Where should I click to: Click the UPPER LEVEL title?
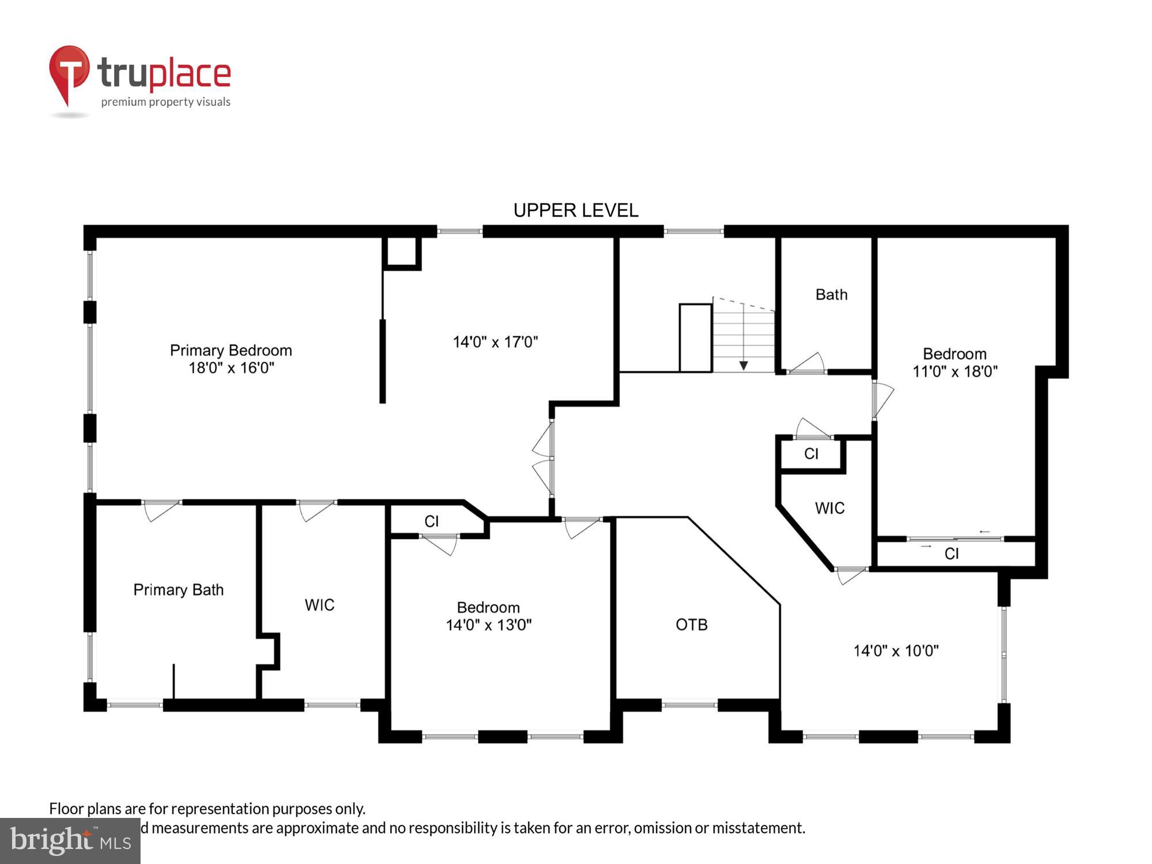pyautogui.click(x=575, y=210)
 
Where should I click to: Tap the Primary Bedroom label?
pyautogui.click(x=230, y=350)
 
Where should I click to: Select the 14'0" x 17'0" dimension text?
pyautogui.click(x=495, y=342)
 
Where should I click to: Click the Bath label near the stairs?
pyautogui.click(x=831, y=295)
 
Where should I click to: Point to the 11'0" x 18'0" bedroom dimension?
pyautogui.click(x=954, y=372)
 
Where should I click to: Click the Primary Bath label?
pyautogui.click(x=178, y=590)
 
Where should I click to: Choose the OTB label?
pyautogui.click(x=691, y=624)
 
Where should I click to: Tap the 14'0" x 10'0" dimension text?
pyautogui.click(x=896, y=651)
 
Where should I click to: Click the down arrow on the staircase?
pyautogui.click(x=744, y=365)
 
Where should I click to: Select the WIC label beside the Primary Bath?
pyautogui.click(x=319, y=605)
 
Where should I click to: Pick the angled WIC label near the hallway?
pyautogui.click(x=829, y=508)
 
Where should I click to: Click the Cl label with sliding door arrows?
pyautogui.click(x=952, y=554)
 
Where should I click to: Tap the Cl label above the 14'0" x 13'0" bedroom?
pyautogui.click(x=431, y=521)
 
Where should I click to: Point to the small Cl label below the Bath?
pyautogui.click(x=811, y=454)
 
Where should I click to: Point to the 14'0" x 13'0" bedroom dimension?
pyautogui.click(x=488, y=625)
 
